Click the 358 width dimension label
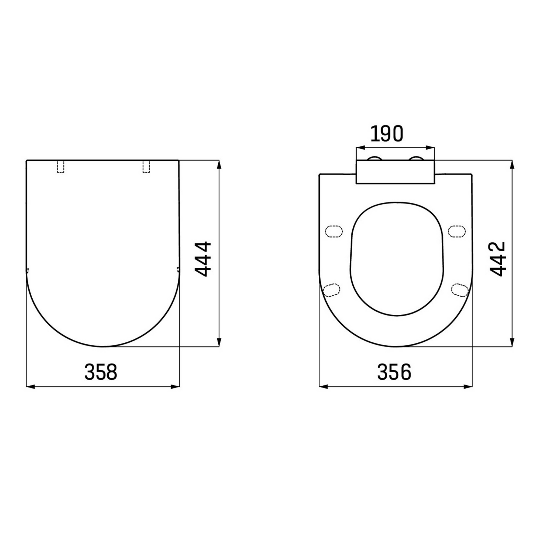click(x=101, y=372)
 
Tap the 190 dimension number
click(x=387, y=134)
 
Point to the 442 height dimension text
click(x=497, y=259)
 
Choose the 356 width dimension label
click(x=394, y=372)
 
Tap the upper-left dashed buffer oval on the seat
click(x=334, y=231)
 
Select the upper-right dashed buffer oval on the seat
click(x=457, y=231)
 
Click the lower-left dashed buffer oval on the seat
click(x=332, y=290)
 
